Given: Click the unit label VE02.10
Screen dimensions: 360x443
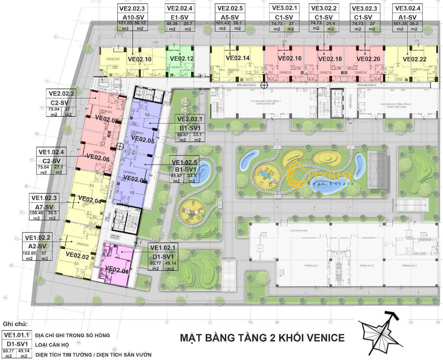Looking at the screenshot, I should point(139,59).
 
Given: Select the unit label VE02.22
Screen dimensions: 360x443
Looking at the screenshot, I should point(414,59).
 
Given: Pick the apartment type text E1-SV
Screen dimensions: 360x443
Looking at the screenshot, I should point(180,17).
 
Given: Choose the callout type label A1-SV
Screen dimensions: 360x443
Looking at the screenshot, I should point(407,17).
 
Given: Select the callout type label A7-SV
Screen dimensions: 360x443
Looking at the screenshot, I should point(44,206).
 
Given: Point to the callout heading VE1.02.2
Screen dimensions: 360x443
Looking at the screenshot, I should point(37,237).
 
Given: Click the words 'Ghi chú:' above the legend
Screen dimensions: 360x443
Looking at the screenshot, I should point(15,324).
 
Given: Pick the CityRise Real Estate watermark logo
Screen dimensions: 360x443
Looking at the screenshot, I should point(320,174).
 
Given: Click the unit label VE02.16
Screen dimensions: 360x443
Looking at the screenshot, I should point(290,58).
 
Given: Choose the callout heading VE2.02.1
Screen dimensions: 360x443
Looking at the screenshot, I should point(190,119).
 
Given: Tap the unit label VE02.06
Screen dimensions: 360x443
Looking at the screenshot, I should point(98,156).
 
